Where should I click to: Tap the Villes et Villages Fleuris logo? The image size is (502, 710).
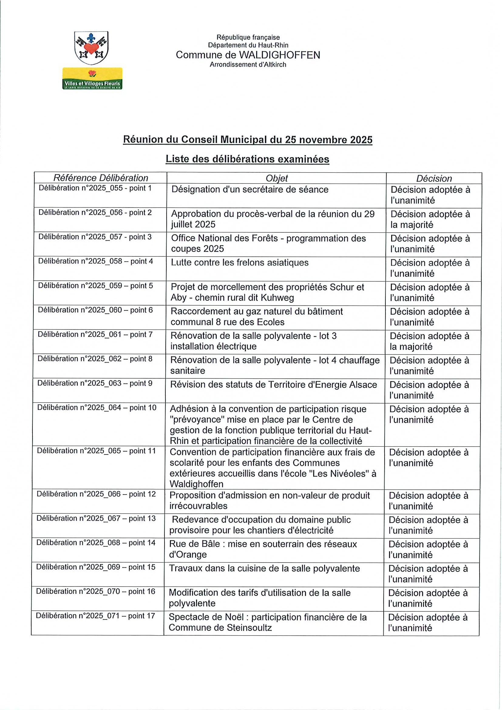(92, 79)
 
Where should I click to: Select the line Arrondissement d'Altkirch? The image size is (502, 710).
(248, 65)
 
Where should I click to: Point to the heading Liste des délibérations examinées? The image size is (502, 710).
(247, 159)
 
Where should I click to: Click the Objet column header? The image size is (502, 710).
(276, 178)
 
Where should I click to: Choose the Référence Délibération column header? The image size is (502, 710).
(100, 178)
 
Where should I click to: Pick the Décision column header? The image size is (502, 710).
(434, 178)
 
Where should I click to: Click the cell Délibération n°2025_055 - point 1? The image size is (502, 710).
(95, 188)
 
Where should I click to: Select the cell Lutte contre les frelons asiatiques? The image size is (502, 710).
(240, 262)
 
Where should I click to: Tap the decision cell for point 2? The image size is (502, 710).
(430, 219)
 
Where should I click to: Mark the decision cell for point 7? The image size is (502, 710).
(429, 341)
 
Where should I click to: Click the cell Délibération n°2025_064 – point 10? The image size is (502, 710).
(97, 407)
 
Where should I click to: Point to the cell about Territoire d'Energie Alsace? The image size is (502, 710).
(273, 385)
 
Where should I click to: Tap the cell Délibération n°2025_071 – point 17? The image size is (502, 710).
(95, 616)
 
